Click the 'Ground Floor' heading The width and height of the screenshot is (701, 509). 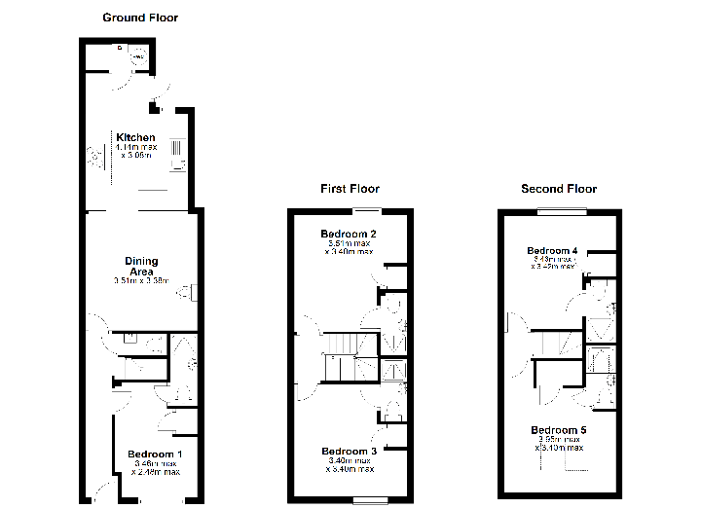click(140, 18)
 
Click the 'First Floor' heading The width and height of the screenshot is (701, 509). click(350, 189)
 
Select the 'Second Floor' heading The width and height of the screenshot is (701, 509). click(558, 189)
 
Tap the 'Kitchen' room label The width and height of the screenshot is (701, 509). click(135, 137)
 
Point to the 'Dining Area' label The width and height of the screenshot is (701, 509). click(141, 266)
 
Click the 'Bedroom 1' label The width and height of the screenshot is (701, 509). click(154, 454)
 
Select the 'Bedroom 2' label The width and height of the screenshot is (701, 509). click(349, 235)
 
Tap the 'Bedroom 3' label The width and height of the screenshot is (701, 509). click(349, 452)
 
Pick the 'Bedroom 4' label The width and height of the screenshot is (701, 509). click(552, 251)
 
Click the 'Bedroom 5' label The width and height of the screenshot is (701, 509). click(559, 429)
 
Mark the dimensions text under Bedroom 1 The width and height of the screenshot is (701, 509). click(157, 469)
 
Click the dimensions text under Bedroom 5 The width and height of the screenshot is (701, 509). click(559, 444)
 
